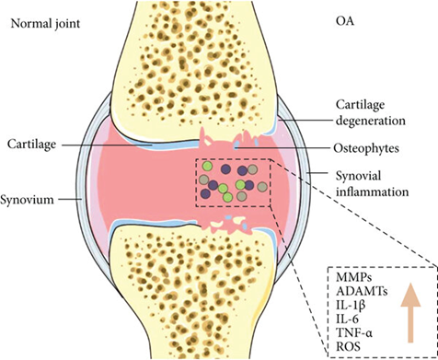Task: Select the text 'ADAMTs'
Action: pos(357,293)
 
